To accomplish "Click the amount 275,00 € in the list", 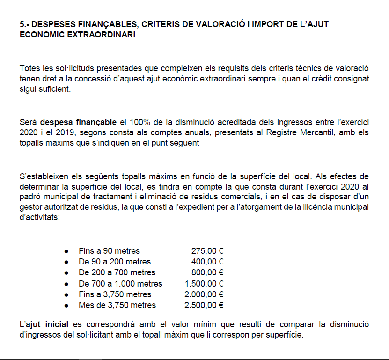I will pos(207,250).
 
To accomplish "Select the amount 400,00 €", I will pos(207,261).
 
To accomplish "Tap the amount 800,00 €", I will pos(207,272).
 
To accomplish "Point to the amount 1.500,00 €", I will pos(204,283).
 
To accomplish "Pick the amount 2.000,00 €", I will pos(204,294).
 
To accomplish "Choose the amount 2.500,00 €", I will pos(204,305).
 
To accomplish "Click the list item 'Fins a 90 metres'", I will pos(109,250).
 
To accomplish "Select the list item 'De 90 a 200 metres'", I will pos(115,261).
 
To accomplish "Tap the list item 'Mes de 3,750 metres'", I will pos(117,305).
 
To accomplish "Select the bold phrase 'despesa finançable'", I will pos(79,123).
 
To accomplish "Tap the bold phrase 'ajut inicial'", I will pos(47,324).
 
